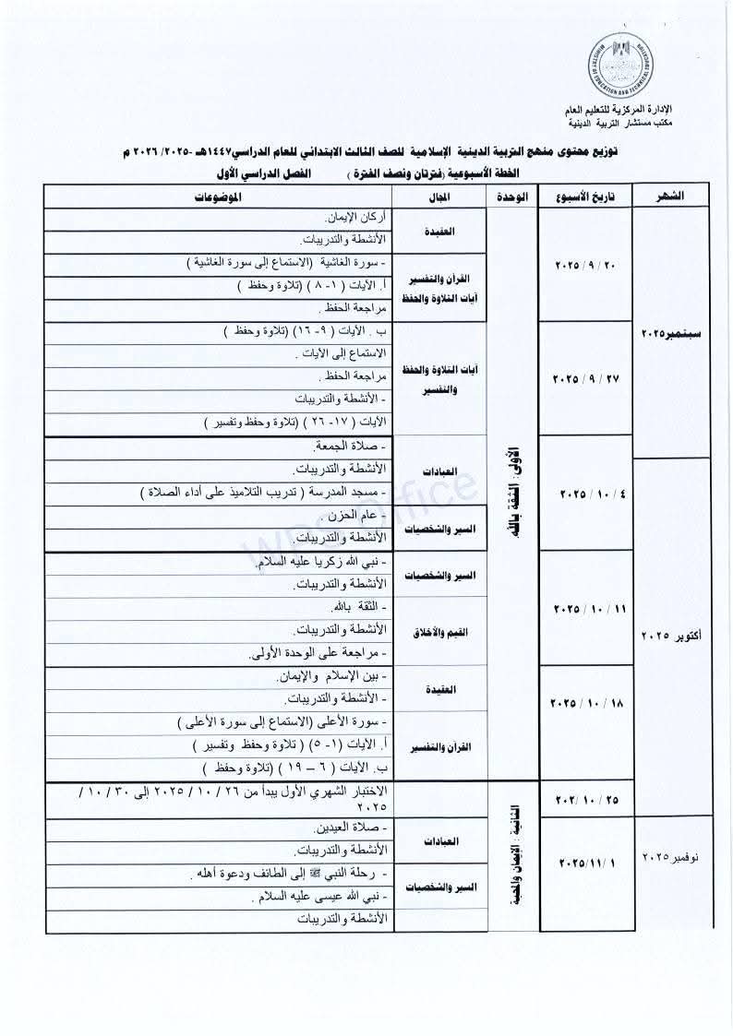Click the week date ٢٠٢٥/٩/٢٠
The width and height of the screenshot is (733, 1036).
point(589,265)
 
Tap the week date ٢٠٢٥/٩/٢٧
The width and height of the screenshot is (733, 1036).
point(589,378)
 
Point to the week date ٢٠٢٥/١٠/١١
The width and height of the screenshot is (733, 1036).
point(589,609)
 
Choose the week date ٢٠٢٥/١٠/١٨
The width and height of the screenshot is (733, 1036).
point(589,702)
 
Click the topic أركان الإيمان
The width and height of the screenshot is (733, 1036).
point(356,219)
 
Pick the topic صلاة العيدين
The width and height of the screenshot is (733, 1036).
point(345,827)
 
